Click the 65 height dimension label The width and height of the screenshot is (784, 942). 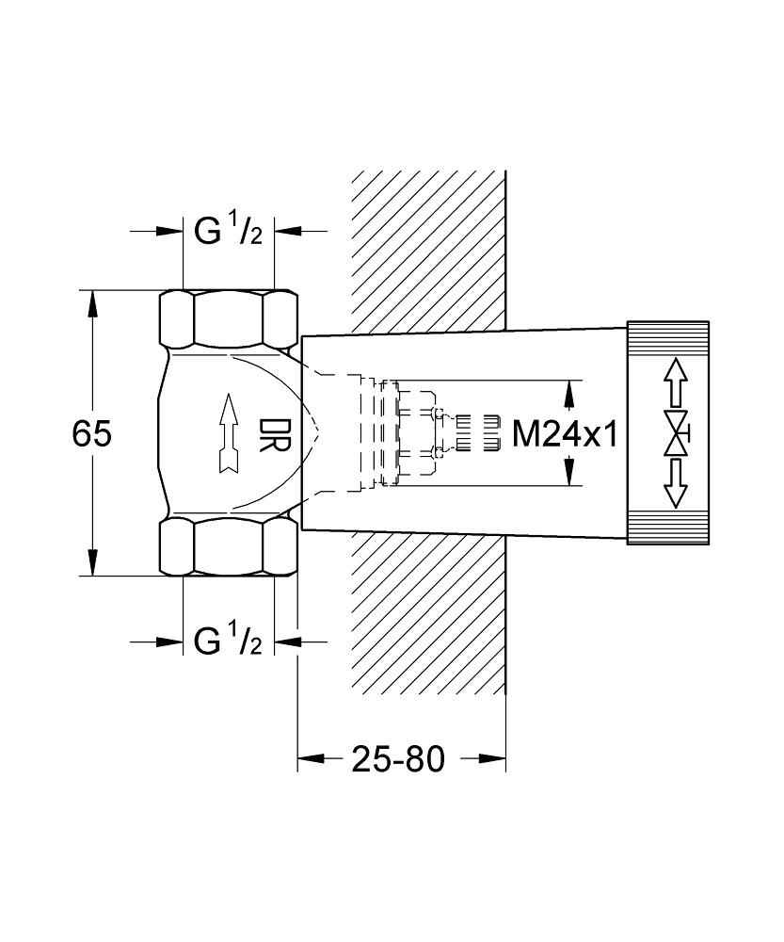92,433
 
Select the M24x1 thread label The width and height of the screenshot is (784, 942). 564,434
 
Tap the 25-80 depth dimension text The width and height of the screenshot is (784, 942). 398,759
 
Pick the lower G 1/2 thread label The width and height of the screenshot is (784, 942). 227,643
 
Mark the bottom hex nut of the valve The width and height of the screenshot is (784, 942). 227,546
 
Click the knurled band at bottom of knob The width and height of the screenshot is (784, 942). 668,529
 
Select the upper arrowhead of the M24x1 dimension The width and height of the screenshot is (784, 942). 568,390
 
